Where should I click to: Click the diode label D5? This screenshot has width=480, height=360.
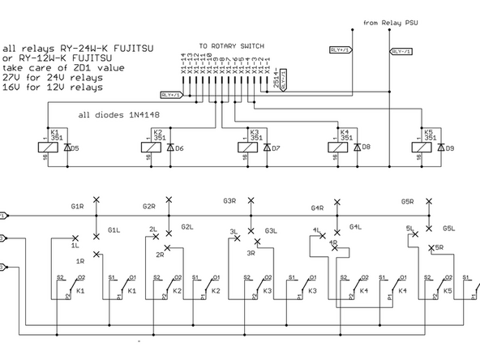pyautogui.click(x=75, y=148)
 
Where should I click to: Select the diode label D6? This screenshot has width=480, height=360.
pyautogui.click(x=179, y=148)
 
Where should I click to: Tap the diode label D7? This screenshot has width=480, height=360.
pyautogui.click(x=276, y=148)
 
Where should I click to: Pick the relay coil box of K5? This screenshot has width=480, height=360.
pyautogui.click(x=427, y=147)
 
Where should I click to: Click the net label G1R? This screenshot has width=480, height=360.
pyautogui.click(x=77, y=207)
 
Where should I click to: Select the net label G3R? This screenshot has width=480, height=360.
pyautogui.click(x=229, y=200)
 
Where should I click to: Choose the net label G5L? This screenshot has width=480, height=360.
pyautogui.click(x=449, y=229)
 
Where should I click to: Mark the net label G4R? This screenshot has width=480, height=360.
pyautogui.click(x=318, y=208)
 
